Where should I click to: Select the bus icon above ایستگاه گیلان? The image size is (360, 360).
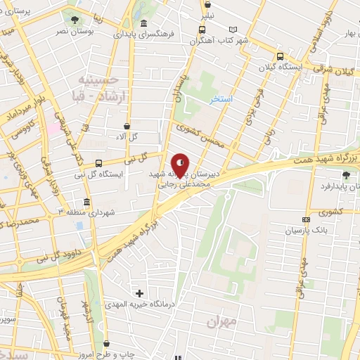(x=281, y=56)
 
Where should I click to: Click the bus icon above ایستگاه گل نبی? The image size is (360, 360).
(x=98, y=163)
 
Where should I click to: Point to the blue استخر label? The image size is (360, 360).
(x=221, y=100)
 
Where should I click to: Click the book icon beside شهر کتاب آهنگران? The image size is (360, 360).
(x=234, y=30)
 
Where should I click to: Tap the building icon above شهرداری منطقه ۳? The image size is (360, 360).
(x=86, y=202)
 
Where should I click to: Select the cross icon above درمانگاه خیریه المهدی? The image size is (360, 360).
(x=139, y=292)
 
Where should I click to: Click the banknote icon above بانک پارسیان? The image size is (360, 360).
(x=305, y=219)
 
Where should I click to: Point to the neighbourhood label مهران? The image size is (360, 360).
(x=221, y=321)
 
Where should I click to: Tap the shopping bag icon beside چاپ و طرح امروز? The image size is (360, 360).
(x=106, y=344)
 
